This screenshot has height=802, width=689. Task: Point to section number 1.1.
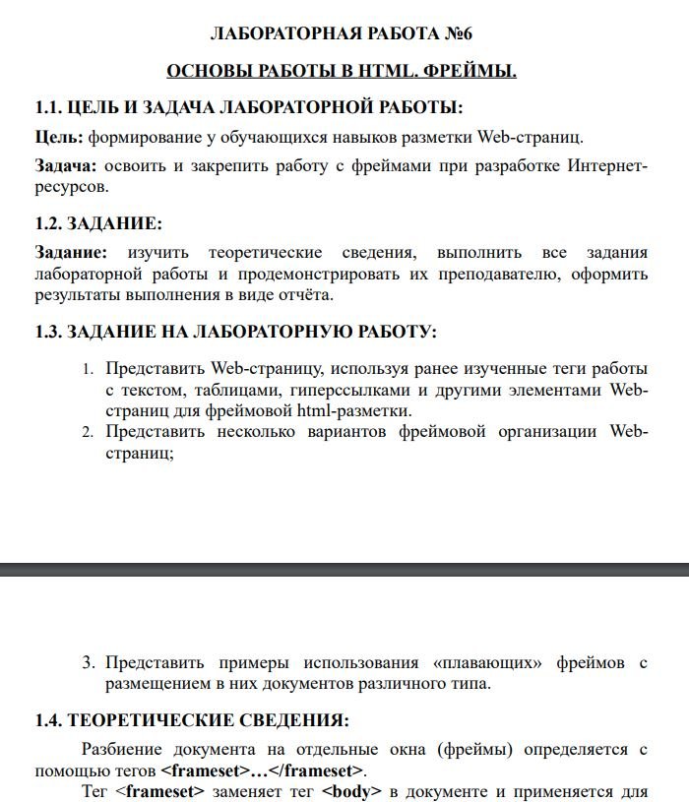pos(48,106)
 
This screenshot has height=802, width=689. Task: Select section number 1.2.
pos(48,222)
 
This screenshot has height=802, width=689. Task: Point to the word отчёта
pos(306,293)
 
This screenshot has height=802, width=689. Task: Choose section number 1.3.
pos(48,332)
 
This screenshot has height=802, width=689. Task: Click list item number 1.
pos(87,370)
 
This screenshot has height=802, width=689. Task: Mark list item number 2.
pos(87,433)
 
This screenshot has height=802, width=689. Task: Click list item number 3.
pos(88,663)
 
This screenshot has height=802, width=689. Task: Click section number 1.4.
pos(48,720)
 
